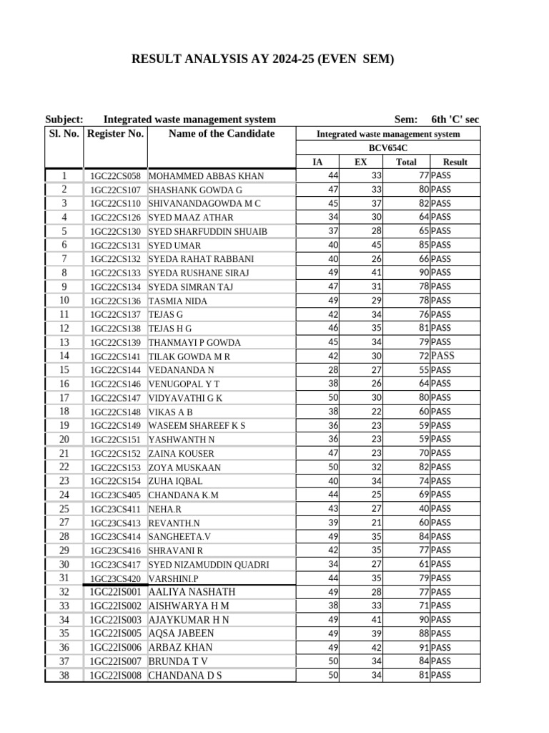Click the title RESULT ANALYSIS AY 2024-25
262,59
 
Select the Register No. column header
115,133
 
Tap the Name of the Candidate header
221,133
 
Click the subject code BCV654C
388,148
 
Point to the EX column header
361,162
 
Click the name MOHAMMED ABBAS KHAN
206,176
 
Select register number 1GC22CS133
115,273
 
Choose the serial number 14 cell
64,356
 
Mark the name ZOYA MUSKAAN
184,467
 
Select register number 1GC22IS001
115,592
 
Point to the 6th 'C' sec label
455,120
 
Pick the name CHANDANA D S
185,675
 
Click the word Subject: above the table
64,120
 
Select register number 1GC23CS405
115,495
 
